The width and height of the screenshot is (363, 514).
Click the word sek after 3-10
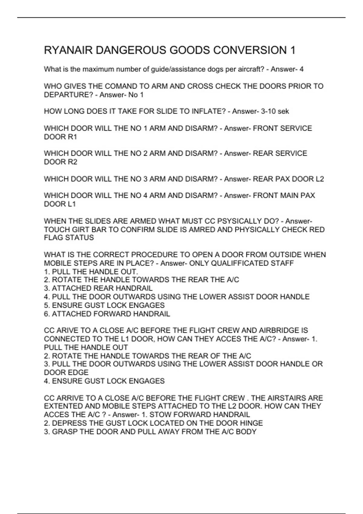pos(283,111)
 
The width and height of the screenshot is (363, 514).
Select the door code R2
pos(73,162)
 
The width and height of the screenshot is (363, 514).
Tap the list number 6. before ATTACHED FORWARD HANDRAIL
pos(47,314)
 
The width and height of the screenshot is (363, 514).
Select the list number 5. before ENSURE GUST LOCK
pos(47,305)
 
